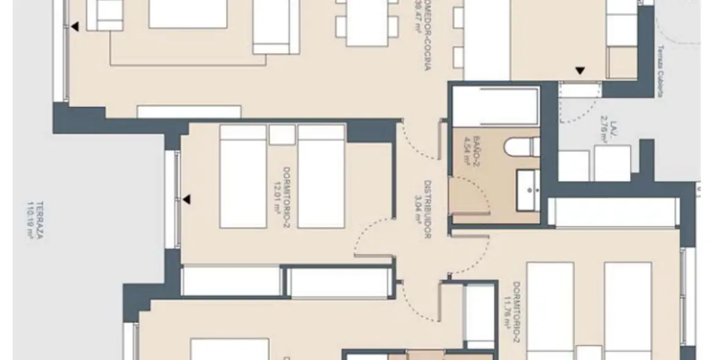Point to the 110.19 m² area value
pos(29,220)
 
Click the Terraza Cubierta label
pos(660,71)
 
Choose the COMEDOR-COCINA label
pos(428,43)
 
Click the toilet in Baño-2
pos(522,146)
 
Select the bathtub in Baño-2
pos(495,107)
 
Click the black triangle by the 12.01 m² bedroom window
pos(187,199)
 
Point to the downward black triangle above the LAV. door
pos(580,71)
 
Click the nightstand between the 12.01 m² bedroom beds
pos(282,134)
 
